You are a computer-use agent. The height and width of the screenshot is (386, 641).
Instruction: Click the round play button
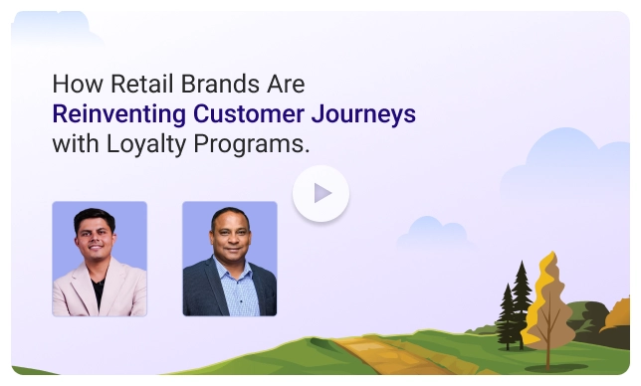[320, 193]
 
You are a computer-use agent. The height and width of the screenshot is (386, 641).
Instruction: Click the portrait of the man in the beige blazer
[99, 259]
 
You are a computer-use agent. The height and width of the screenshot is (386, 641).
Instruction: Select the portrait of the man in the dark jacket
[229, 259]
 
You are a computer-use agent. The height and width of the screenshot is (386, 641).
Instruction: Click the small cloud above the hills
[434, 234]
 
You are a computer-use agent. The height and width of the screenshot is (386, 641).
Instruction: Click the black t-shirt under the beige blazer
[98, 290]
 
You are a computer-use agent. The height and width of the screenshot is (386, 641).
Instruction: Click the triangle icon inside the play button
[321, 193]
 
